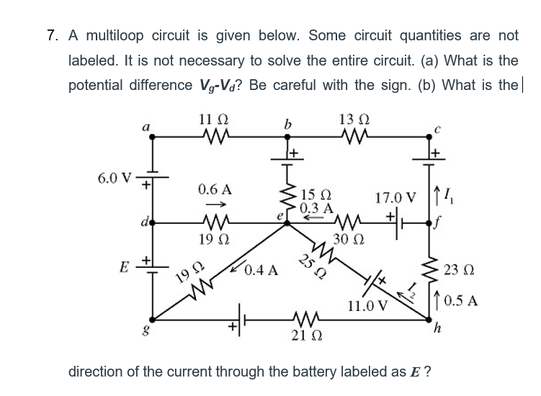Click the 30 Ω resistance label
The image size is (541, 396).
[349, 240]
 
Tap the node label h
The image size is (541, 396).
[434, 330]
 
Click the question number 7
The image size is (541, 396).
[50, 35]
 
